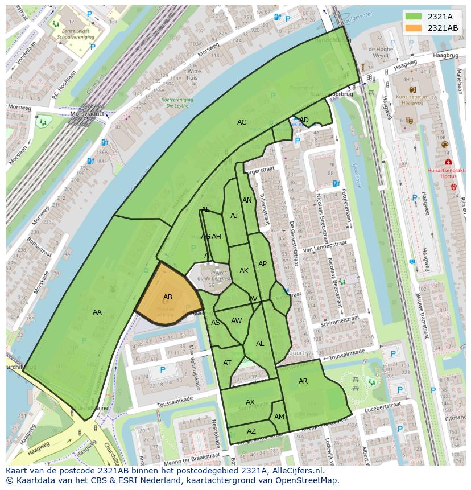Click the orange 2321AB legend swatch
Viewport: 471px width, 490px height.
click(414, 28)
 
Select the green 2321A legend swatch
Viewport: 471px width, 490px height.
click(414, 16)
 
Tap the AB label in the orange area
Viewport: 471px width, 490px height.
click(168, 297)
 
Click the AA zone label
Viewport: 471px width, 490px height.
click(97, 312)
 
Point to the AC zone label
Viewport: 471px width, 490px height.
click(242, 122)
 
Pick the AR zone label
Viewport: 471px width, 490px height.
click(303, 381)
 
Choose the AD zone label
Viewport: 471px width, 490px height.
click(304, 120)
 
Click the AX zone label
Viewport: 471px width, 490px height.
click(250, 402)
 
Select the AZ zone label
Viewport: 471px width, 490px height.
click(251, 431)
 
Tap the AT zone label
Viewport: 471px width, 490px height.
click(227, 363)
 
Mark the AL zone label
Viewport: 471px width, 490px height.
click(260, 344)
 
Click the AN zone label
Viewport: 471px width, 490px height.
click(247, 200)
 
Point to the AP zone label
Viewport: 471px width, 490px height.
click(262, 264)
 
